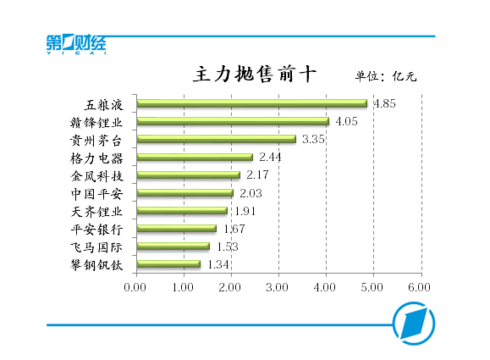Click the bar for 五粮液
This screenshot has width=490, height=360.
251,103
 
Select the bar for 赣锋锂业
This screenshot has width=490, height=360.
233,121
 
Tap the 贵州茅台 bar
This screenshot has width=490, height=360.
216,139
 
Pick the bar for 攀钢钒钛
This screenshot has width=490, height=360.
168,264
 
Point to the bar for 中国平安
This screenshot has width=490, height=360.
184,193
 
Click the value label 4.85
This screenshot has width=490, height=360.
384,103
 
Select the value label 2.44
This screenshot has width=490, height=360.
270,158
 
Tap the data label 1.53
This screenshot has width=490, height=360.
227,246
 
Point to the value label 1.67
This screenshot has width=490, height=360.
234,229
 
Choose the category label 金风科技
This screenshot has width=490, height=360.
97,176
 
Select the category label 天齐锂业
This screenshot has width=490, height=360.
97,212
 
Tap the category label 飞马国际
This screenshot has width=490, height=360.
97,247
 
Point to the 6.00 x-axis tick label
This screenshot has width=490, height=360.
420,287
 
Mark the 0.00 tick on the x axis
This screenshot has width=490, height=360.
135,287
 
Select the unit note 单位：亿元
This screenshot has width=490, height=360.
385,76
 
